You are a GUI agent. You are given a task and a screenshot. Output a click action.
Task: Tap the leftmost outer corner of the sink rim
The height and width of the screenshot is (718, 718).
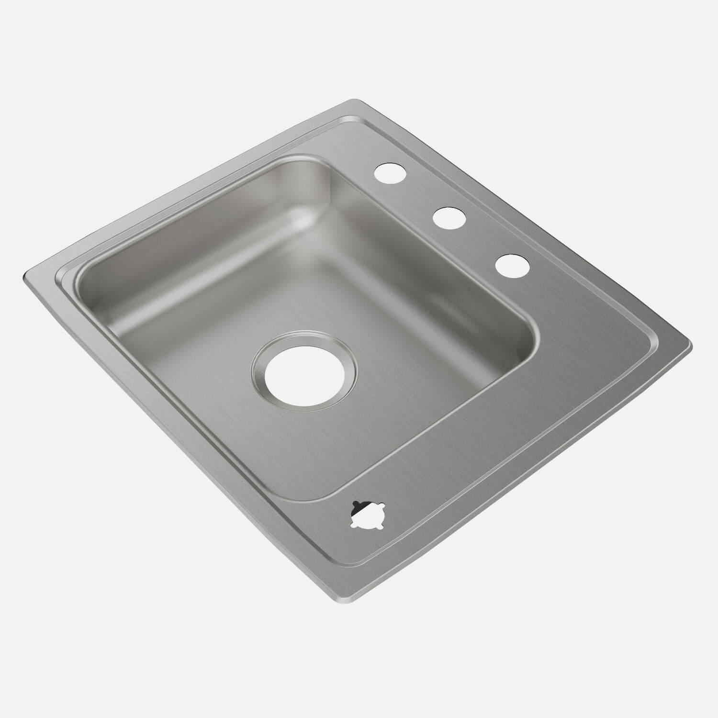point(24,277)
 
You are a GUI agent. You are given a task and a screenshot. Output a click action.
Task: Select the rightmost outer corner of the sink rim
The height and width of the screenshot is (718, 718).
point(690,343)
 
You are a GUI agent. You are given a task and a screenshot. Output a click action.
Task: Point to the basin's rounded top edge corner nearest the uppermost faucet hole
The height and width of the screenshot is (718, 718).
point(314,158)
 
